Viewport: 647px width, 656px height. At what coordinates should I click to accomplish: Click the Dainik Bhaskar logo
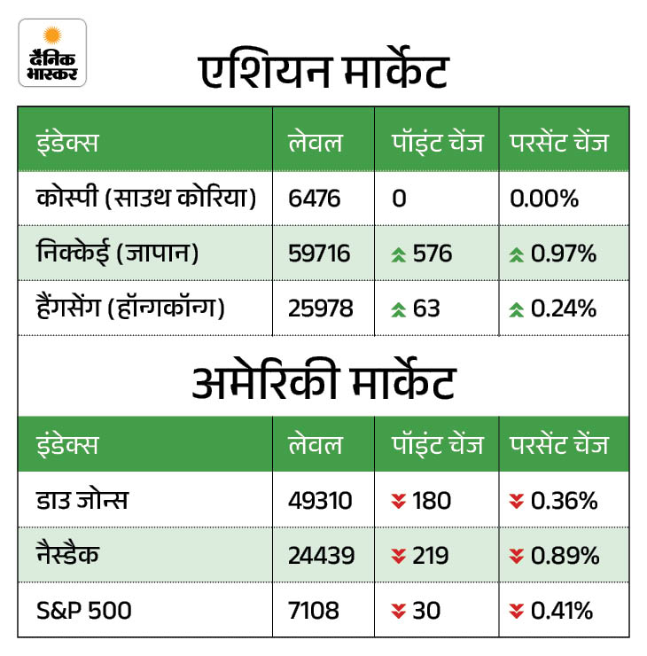(x=52, y=53)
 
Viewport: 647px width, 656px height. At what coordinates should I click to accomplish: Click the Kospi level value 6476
(x=315, y=198)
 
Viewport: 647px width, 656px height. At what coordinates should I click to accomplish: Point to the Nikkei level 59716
(x=320, y=254)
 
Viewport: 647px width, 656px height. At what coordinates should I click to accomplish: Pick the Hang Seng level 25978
(x=321, y=309)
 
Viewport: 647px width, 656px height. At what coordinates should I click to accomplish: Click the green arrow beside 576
(x=399, y=255)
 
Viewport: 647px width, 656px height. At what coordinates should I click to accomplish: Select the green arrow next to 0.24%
(x=518, y=310)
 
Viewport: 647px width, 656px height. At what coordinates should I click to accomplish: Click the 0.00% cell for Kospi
(x=544, y=198)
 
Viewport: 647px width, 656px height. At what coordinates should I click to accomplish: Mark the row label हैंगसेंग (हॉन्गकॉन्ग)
(x=130, y=309)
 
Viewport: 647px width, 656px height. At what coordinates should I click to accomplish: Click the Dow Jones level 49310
(x=320, y=501)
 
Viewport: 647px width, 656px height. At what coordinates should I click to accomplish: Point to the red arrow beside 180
(x=399, y=502)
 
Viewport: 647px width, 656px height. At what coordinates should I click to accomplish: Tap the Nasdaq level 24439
(x=321, y=556)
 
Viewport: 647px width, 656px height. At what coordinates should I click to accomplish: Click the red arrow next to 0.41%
(x=518, y=611)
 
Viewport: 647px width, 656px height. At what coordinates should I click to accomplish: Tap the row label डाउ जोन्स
(x=82, y=501)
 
